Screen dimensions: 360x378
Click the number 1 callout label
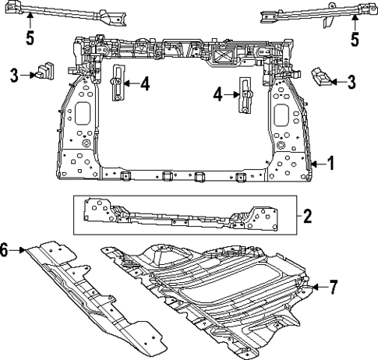coord(330,164)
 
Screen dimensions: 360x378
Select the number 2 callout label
coord(307,216)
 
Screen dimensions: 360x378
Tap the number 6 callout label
coord(7,251)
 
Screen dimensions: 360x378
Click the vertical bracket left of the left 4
coord(118,83)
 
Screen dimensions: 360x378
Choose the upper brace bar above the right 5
coord(312,13)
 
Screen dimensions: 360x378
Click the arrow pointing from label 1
coord(316,164)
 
